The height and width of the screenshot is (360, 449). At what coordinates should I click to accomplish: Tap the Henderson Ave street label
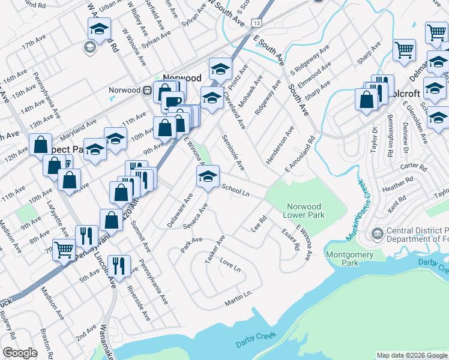[281, 145]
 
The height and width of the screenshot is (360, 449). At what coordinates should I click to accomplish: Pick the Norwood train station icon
[147, 90]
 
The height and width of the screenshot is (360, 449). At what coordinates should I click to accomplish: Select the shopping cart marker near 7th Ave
[64, 249]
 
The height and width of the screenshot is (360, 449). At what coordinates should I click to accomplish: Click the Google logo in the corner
[20, 353]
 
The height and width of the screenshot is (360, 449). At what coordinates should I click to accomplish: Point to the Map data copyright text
[412, 355]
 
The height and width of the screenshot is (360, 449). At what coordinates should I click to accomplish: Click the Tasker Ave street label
[214, 248]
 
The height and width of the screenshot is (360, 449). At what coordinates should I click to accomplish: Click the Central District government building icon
[378, 232]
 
